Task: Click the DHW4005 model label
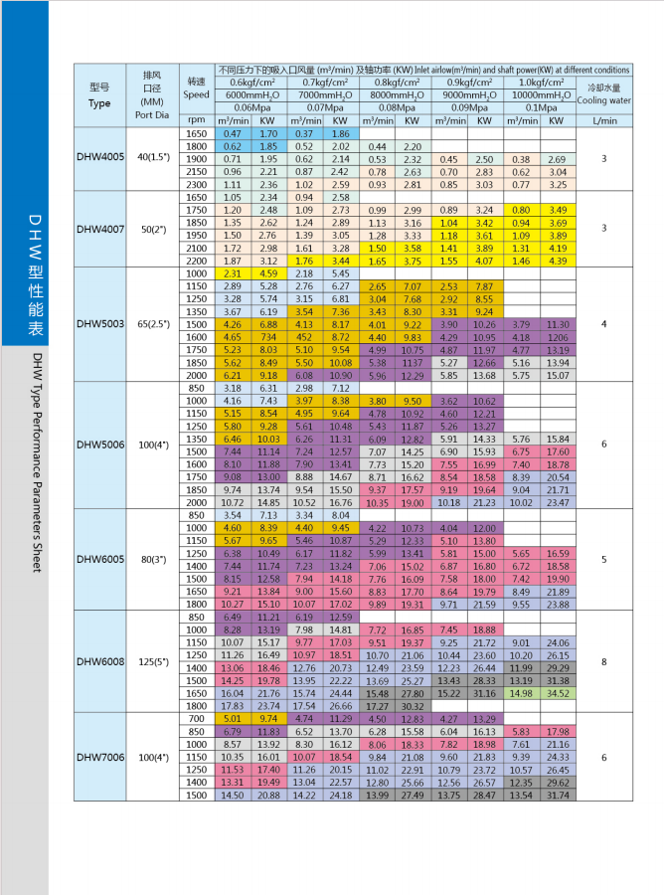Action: (99, 157)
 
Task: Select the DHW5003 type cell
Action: (99, 323)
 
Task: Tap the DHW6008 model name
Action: (99, 659)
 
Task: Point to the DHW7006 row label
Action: (99, 757)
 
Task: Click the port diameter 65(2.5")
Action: (152, 323)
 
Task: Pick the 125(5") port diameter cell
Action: (152, 659)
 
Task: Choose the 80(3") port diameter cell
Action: (152, 559)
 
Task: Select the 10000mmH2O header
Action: (543, 94)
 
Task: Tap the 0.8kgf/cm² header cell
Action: (396, 83)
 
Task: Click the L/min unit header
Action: (604, 120)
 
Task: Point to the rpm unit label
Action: (196, 120)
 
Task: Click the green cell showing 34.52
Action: (559, 692)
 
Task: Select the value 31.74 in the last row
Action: (559, 795)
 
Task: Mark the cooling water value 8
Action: (604, 659)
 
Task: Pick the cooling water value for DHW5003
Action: (604, 323)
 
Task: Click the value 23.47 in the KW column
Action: (559, 503)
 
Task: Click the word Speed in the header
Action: (196, 95)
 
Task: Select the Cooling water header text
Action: (604, 100)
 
